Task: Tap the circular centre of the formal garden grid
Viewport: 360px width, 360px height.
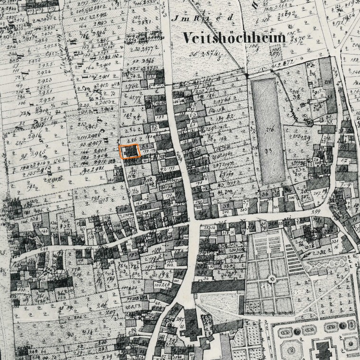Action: point(272,279)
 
